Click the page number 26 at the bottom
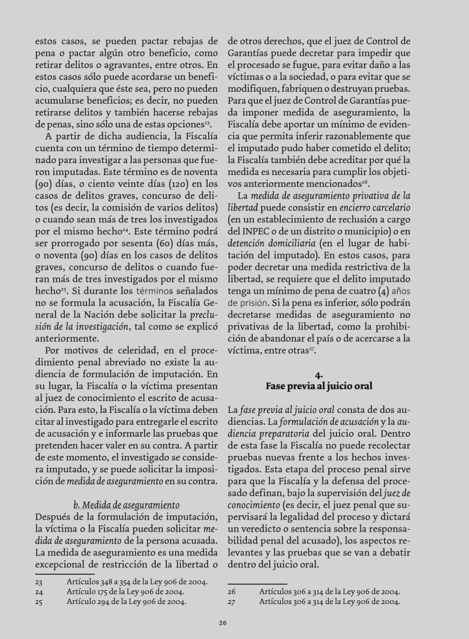222,622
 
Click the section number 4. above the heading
318,375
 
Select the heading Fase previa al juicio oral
319,386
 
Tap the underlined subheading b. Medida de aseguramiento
126,504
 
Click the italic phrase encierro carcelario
375,207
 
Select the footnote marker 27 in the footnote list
231,602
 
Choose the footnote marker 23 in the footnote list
39,581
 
